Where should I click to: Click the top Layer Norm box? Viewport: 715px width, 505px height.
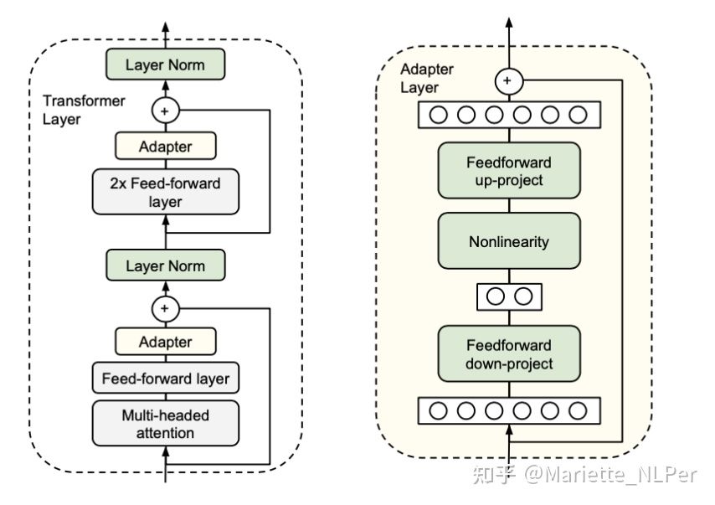click(x=165, y=64)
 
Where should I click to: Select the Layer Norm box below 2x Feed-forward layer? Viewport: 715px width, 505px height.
click(x=165, y=266)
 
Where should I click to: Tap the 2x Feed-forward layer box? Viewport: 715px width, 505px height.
click(x=165, y=191)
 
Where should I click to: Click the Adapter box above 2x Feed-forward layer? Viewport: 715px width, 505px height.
click(x=165, y=147)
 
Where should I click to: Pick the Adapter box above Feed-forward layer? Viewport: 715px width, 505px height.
click(x=165, y=342)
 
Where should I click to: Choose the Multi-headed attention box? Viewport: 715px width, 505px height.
click(x=165, y=424)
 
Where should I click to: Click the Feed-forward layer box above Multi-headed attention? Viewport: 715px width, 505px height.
click(x=165, y=379)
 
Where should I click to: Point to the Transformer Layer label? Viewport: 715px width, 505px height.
click(x=84, y=110)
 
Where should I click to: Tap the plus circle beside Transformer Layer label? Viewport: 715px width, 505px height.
click(x=165, y=110)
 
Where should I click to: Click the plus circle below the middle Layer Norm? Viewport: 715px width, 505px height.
click(x=165, y=309)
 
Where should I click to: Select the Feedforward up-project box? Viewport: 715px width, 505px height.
click(x=508, y=171)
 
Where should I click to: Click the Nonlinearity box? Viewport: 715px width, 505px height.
click(x=508, y=242)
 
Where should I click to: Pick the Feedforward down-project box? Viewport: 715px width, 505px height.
click(x=508, y=354)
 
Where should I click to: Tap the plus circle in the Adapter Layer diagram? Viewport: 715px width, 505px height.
click(x=507, y=82)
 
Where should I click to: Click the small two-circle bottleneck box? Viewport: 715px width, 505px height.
click(x=508, y=296)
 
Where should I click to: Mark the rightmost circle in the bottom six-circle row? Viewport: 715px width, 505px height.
click(x=578, y=410)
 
